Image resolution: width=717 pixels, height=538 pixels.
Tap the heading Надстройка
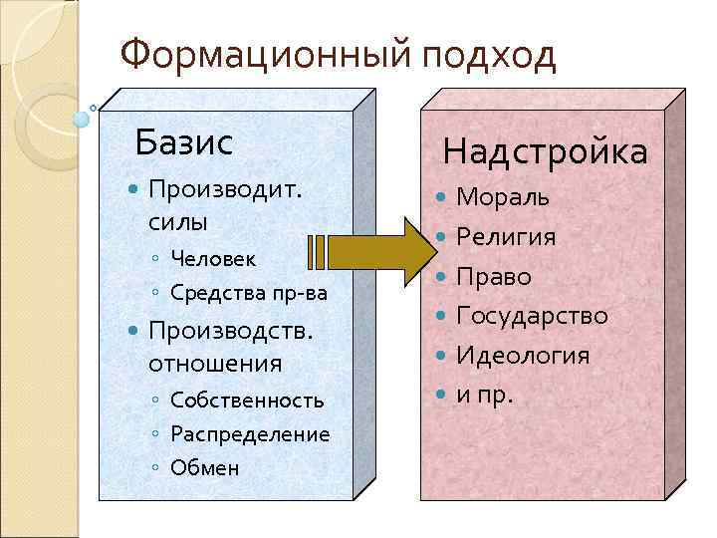(x=545, y=152)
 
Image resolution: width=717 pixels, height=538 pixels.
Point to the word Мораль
(x=502, y=197)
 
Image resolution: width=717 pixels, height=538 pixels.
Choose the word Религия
(x=506, y=237)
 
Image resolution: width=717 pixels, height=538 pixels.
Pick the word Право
(x=494, y=277)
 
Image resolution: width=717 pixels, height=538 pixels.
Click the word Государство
(x=532, y=316)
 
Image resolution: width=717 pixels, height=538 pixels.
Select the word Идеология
(x=523, y=356)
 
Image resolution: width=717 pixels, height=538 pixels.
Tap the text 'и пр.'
(x=484, y=395)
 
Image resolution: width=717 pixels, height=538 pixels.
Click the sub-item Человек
(x=213, y=258)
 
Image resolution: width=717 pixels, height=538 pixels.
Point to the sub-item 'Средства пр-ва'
(x=248, y=293)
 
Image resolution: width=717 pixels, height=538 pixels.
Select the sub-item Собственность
(x=247, y=401)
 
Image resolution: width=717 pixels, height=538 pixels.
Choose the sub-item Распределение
(x=250, y=434)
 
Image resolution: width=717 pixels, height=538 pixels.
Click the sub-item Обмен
(x=205, y=467)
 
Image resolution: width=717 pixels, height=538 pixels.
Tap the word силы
(x=177, y=220)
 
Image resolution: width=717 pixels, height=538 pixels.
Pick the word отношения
(x=215, y=364)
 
